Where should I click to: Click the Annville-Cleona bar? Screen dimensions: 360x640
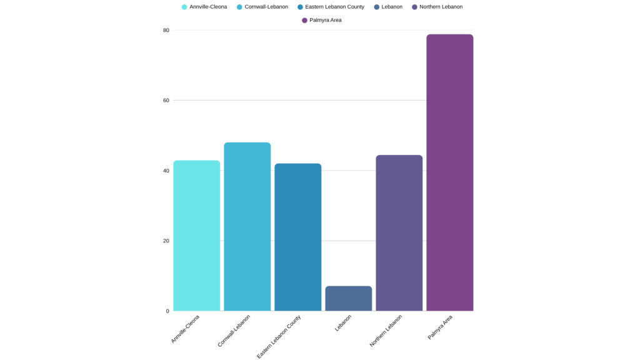(196, 236)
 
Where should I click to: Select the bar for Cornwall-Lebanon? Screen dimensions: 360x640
(247, 227)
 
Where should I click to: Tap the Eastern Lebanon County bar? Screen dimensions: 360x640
(297, 237)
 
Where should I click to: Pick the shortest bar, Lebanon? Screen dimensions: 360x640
(348, 299)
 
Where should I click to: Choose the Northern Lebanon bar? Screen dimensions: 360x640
(399, 233)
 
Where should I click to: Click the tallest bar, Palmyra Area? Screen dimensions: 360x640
(449, 172)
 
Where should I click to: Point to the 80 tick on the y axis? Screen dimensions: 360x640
(166, 30)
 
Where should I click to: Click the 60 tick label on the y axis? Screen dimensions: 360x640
(166, 100)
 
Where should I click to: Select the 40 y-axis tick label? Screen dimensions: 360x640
(166, 171)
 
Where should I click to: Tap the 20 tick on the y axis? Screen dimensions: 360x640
(166, 241)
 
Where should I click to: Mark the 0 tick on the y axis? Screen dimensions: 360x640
(167, 311)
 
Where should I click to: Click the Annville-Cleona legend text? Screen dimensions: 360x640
(208, 7)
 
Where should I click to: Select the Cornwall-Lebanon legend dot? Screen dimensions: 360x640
(239, 7)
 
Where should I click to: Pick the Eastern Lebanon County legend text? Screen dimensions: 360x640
(334, 7)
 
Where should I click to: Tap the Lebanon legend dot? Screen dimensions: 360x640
(377, 7)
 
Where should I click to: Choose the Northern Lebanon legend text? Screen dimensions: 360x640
(441, 7)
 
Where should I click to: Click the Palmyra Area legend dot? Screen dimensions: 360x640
(304, 20)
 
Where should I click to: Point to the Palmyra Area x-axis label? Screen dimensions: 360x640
(441, 327)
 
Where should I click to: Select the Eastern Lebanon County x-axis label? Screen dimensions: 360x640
(279, 336)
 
